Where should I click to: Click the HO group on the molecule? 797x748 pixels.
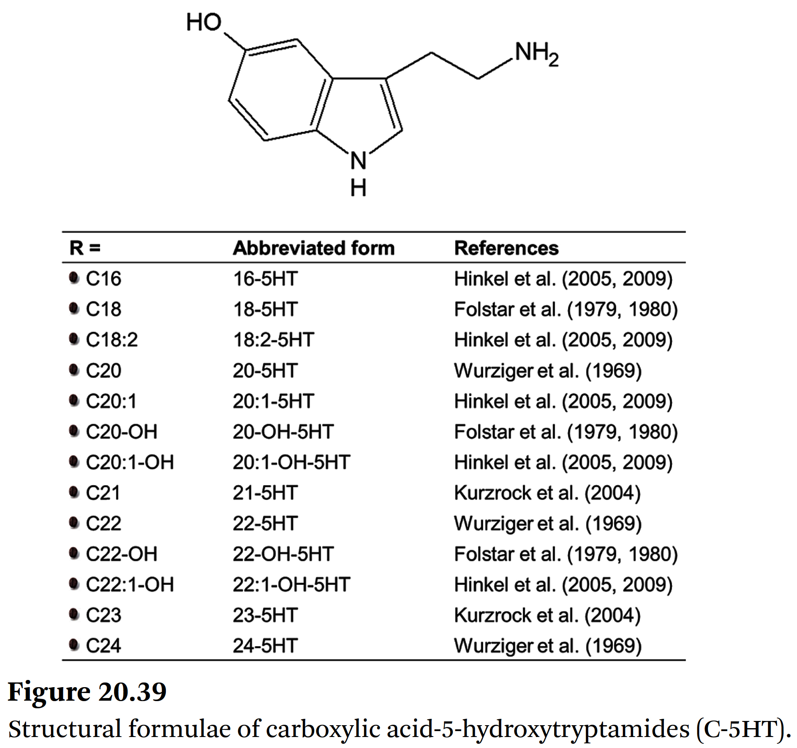click(x=204, y=22)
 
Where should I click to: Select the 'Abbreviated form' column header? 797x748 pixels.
click(x=313, y=248)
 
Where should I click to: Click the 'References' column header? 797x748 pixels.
click(x=506, y=248)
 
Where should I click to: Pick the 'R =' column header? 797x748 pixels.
click(x=85, y=248)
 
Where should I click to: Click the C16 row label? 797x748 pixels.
click(x=103, y=279)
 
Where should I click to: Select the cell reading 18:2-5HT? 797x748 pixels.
click(x=273, y=340)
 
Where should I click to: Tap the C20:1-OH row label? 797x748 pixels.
click(x=130, y=462)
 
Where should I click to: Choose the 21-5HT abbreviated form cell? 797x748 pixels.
click(x=265, y=493)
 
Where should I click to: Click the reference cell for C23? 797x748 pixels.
click(x=547, y=615)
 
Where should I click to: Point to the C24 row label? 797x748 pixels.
click(x=103, y=646)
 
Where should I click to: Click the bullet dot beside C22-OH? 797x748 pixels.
click(x=74, y=553)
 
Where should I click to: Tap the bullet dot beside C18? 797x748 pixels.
click(x=74, y=308)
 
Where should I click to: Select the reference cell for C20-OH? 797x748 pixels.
click(x=566, y=432)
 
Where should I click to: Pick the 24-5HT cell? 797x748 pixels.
click(x=265, y=646)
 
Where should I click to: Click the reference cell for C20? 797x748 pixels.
click(x=547, y=371)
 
